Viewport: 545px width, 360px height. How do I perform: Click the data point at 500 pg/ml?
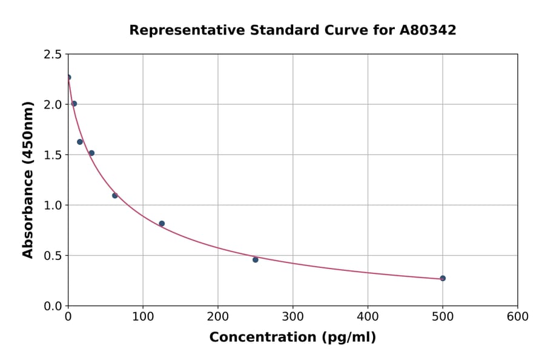[x=443, y=278]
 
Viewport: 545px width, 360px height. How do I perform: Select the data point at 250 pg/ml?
[x=256, y=259]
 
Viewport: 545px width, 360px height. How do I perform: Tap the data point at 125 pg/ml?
[x=162, y=224]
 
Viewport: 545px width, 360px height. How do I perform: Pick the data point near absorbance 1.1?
[x=115, y=195]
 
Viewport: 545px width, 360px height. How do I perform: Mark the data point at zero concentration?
[x=68, y=77]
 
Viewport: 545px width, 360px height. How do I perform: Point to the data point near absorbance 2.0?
[x=74, y=104]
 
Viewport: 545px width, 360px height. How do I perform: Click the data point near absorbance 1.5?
[x=91, y=153]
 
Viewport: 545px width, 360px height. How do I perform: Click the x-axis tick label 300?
[x=293, y=316]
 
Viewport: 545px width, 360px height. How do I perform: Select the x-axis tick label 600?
[x=518, y=316]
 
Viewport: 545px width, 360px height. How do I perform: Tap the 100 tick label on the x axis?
[x=143, y=316]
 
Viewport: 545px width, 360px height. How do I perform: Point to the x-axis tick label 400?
[x=368, y=316]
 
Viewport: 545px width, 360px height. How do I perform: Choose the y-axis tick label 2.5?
[x=52, y=55]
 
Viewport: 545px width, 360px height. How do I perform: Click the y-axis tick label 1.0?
[x=52, y=205]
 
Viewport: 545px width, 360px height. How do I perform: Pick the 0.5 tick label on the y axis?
[x=52, y=256]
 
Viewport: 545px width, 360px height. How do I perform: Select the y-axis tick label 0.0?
[x=52, y=306]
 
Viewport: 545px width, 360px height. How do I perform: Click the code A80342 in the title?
[x=428, y=30]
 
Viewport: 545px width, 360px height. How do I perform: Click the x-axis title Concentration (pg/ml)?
[x=292, y=338]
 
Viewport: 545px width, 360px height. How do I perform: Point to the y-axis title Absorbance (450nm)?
[x=28, y=179]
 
